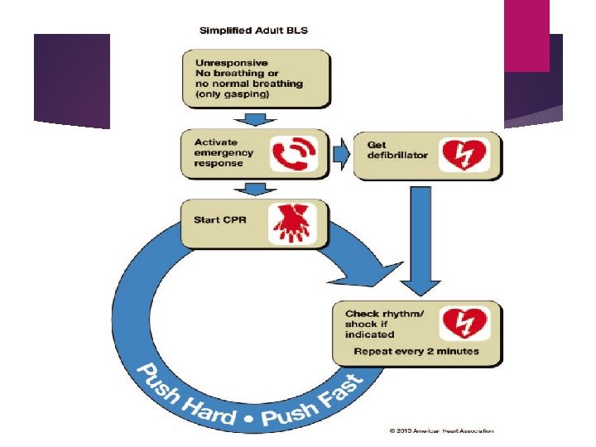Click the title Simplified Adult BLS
(252, 31)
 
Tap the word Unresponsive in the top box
(230, 61)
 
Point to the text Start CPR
(219, 219)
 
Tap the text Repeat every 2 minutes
(416, 351)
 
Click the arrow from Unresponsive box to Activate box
(258, 118)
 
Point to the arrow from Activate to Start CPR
(258, 190)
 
